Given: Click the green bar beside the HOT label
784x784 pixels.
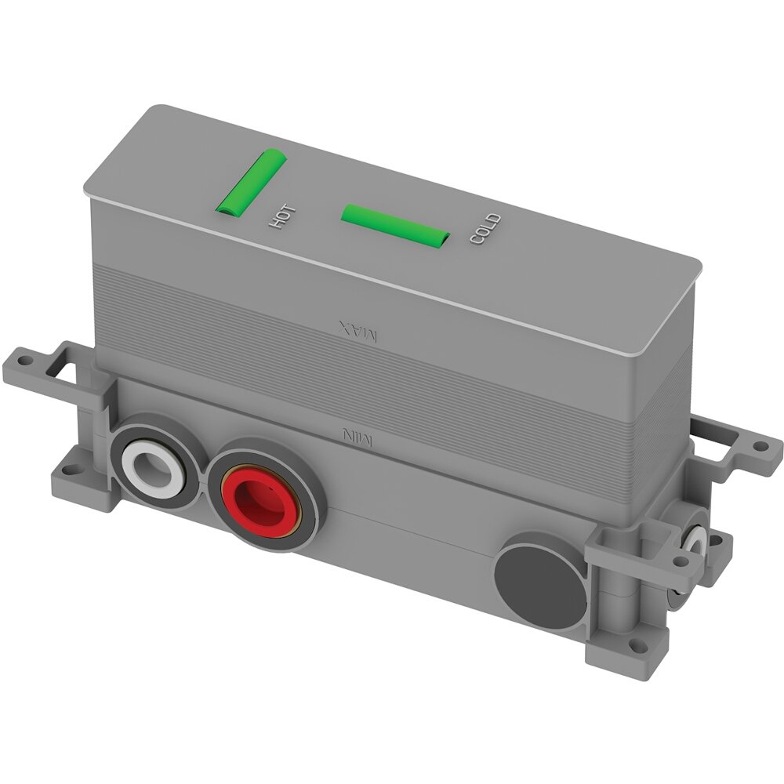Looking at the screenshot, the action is tap(251, 183).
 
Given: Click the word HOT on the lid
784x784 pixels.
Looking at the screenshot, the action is tap(282, 217).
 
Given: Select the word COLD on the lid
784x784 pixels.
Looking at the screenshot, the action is tap(485, 228).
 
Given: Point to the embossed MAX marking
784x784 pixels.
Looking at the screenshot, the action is tap(358, 331).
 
